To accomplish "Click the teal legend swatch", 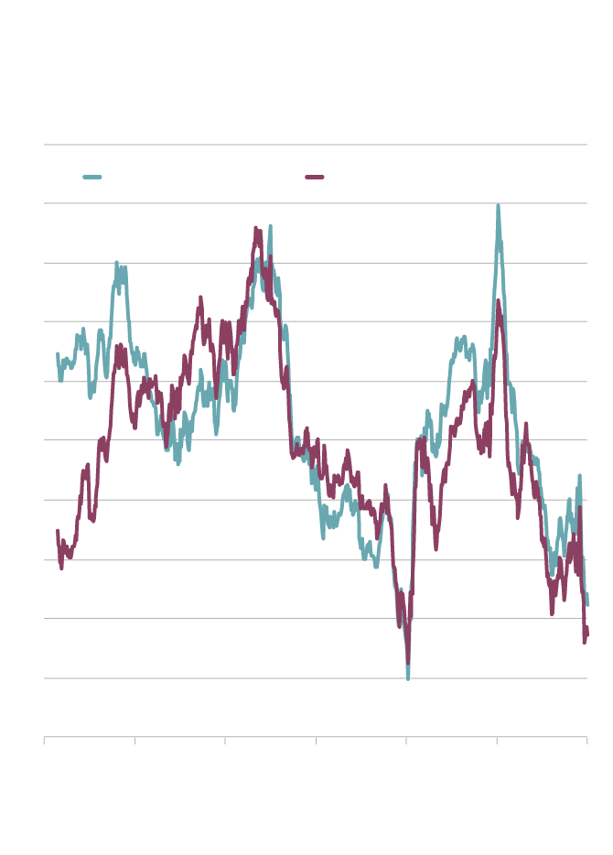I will coord(91,177).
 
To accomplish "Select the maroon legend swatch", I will coord(314,177).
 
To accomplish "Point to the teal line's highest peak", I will coord(498,206).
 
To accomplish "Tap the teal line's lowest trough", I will coord(408,678).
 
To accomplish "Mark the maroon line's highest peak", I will coord(257,229).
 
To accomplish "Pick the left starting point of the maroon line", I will coord(57,531).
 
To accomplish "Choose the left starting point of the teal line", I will coord(57,354).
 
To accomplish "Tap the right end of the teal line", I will coord(587,604).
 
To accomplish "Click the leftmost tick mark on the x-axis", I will coord(44,741).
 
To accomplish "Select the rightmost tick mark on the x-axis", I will coord(586,741).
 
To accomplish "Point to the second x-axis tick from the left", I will coord(134,741).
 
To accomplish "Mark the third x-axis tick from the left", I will coord(225,741).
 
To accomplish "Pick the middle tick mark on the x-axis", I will coord(316,741).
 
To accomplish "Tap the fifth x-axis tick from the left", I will coord(406,741).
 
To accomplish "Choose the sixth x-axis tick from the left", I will coord(497,741).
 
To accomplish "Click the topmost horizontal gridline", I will coord(316,145).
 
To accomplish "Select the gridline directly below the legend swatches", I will coord(316,203).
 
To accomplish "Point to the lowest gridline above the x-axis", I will coord(316,678).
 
